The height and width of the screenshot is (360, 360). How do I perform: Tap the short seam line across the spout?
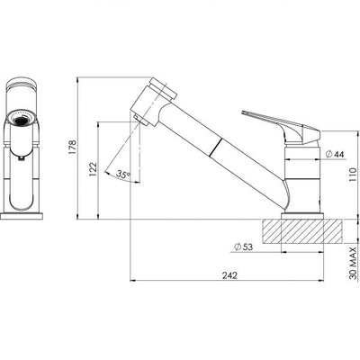(x=214, y=146)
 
